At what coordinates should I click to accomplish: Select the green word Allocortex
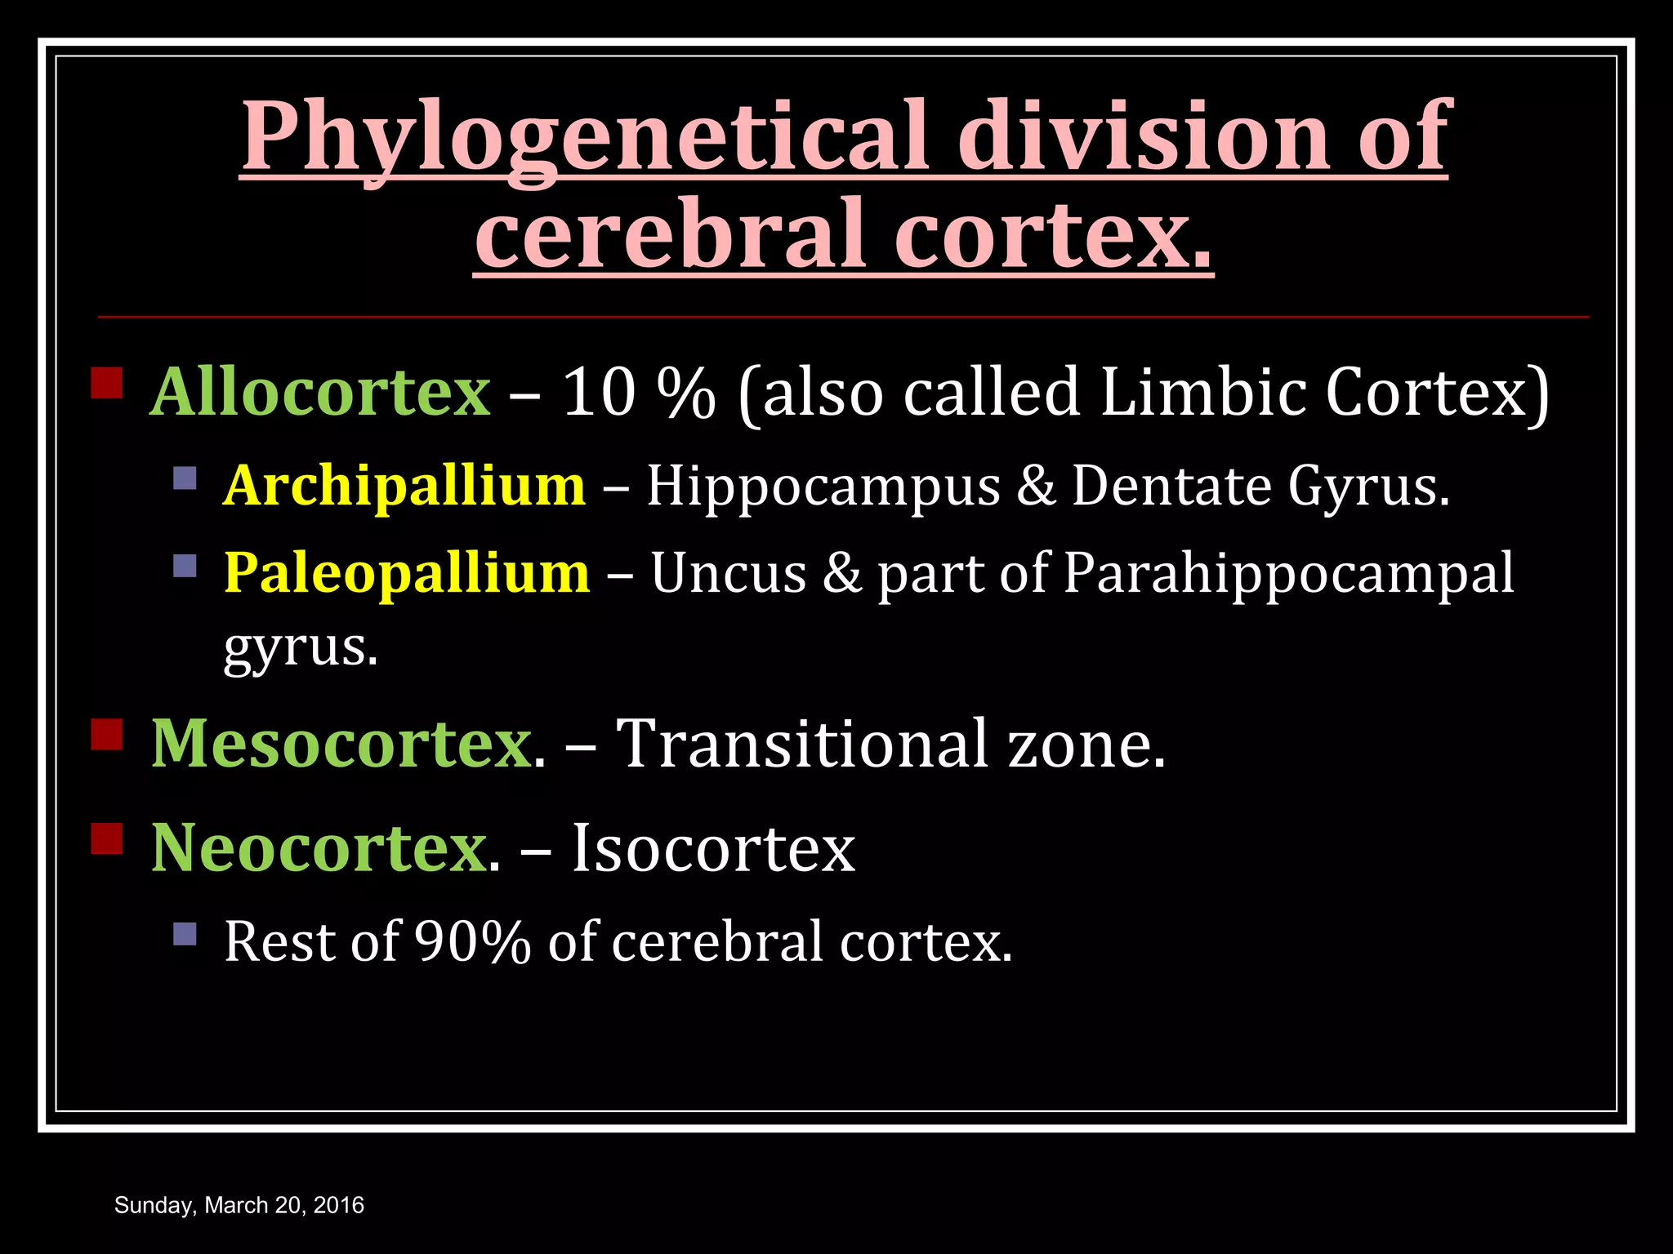coord(320,392)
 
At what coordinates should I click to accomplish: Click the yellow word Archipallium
coord(404,486)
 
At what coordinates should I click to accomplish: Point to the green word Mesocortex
coord(341,743)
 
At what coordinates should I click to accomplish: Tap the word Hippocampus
coord(823,487)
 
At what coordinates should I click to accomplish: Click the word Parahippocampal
coord(1288,574)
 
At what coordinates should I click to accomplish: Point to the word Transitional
coord(801,743)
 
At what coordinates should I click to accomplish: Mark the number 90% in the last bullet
coord(472,941)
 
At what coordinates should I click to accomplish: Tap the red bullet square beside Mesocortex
coord(107,733)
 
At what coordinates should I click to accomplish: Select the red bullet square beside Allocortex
coord(107,382)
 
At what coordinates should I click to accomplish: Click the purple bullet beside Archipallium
coord(185,478)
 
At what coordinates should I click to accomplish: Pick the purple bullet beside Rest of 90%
coord(185,933)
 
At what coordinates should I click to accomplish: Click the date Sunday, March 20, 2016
coord(239,1205)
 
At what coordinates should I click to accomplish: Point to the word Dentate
coord(1172,486)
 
